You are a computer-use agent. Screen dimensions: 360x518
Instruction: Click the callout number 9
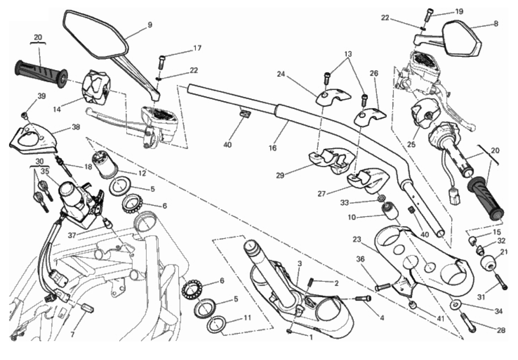click(150, 25)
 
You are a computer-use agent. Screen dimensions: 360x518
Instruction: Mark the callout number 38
click(76, 127)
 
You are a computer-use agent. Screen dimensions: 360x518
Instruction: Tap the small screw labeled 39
click(25, 115)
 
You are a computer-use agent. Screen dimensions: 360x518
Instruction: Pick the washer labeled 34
click(454, 306)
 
